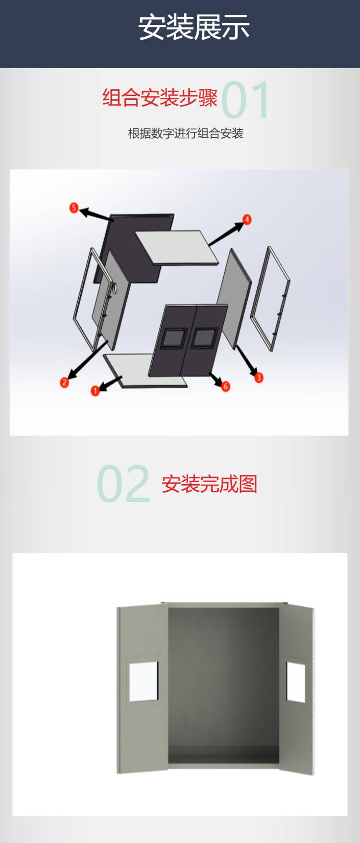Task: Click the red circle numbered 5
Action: coord(73,207)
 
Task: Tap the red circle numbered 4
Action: coord(247,220)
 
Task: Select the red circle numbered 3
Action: coord(259,377)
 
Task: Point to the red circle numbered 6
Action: coord(226,386)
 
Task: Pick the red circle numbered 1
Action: coord(95,391)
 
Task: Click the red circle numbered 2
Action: coord(64,382)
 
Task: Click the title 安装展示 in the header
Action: coord(194,27)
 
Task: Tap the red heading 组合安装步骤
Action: coord(160,97)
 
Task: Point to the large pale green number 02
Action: coord(124,484)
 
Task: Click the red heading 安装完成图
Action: coord(209,484)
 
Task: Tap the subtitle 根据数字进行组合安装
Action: coord(186,133)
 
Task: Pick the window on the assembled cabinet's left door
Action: coord(144,682)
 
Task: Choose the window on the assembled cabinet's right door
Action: coord(296,682)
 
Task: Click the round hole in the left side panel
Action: coord(115,287)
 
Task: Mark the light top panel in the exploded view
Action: coord(176,247)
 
